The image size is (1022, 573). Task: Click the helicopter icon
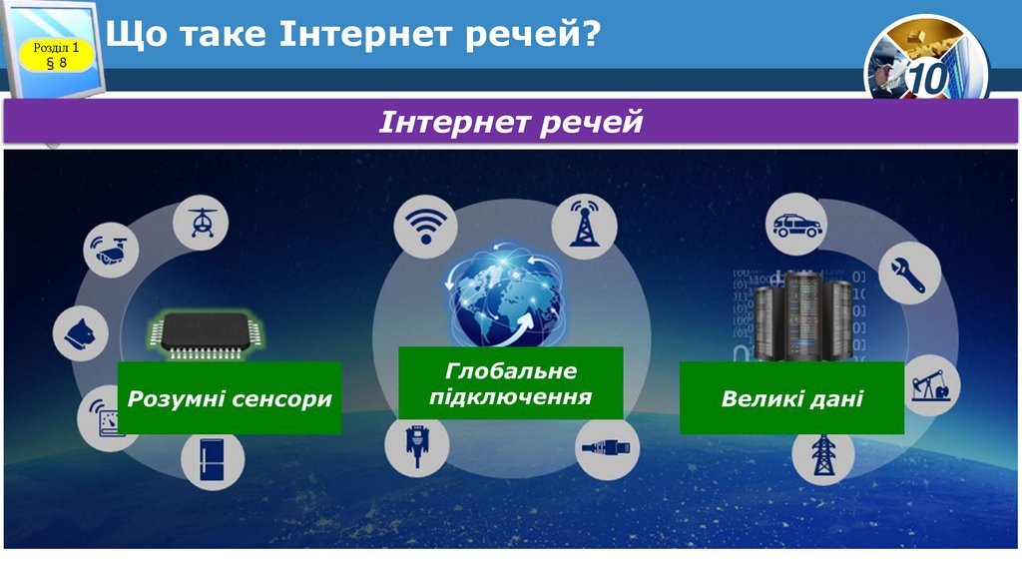point(201,221)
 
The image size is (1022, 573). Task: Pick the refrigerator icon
point(213,461)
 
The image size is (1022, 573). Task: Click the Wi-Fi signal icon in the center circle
point(425,223)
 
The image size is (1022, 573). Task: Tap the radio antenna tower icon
point(584,223)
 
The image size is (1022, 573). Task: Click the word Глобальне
point(511,371)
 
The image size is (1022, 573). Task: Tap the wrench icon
point(909,272)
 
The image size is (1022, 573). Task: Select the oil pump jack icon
point(931,384)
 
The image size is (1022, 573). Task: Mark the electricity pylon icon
point(823,454)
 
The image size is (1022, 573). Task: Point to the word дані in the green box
point(835,399)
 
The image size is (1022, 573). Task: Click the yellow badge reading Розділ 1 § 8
point(57,55)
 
